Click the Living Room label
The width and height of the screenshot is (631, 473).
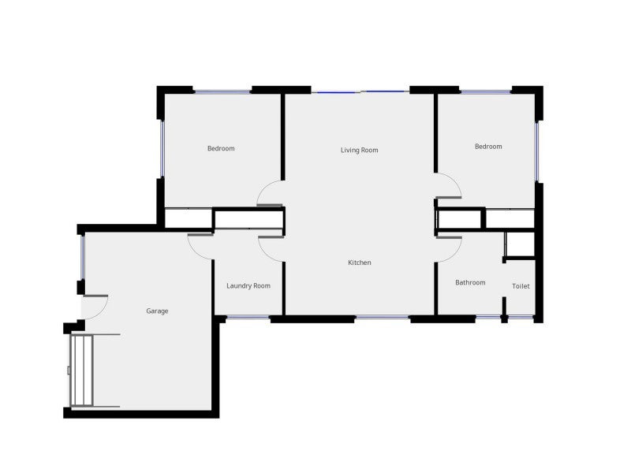coord(360,150)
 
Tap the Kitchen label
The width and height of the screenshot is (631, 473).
coord(360,263)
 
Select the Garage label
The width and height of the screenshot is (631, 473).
coord(157,311)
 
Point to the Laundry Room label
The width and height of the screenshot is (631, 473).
coord(248,285)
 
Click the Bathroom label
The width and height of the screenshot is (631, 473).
coord(470,282)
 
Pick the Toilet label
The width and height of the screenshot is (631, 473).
coord(521,286)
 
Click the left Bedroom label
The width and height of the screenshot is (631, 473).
coord(221,148)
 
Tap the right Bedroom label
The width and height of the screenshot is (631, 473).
coord(488,147)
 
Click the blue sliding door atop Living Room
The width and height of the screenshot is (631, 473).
coord(360,92)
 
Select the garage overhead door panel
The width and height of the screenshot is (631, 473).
coord(82,371)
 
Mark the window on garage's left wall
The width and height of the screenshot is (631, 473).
coord(82,258)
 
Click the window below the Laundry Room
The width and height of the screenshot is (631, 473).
coord(248,318)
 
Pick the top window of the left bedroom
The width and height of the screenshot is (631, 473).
coord(222,92)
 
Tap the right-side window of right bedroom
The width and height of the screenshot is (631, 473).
coord(537,151)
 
